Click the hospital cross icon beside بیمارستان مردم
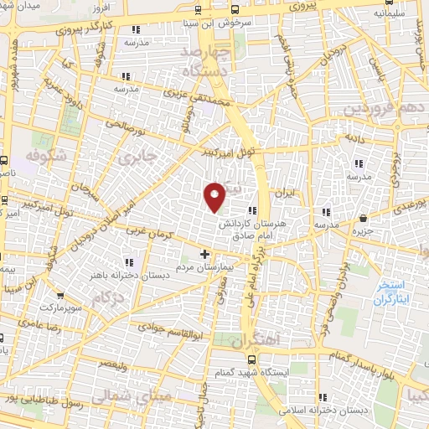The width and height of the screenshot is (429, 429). (x=205, y=253)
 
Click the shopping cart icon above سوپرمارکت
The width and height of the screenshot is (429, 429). (x=59, y=295)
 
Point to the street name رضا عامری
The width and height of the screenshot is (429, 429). (x=36, y=322)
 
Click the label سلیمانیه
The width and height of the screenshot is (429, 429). (x=393, y=14)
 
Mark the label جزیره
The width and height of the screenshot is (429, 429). (x=362, y=230)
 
